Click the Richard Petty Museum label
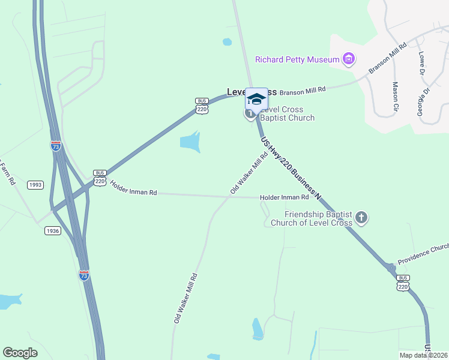(297, 59)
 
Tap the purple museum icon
(348, 59)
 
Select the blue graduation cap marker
(256, 100)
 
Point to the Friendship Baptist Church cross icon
(361, 217)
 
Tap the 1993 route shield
(35, 185)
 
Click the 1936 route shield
(53, 231)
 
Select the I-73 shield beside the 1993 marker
(56, 146)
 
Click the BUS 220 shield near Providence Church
(403, 283)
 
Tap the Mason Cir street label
(395, 97)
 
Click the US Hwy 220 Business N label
(291, 168)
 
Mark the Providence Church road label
(423, 251)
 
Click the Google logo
(20, 353)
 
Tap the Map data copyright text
(423, 355)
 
